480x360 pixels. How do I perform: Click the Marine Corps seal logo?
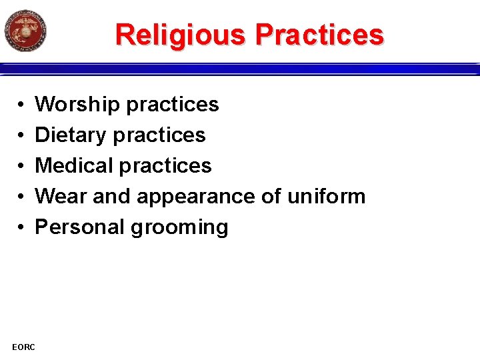(25, 30)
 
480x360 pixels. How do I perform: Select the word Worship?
(77, 105)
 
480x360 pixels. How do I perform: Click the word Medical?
(75, 166)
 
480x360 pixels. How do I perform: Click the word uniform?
(327, 197)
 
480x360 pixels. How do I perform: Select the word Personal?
(80, 227)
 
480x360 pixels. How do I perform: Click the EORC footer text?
(24, 346)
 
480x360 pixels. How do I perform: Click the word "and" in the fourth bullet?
(112, 197)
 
